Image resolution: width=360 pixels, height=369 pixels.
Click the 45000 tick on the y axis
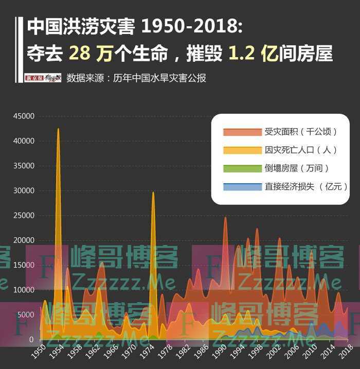point(24,116)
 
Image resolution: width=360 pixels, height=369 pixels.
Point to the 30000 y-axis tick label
point(24,191)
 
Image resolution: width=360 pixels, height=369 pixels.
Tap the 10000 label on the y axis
point(24,290)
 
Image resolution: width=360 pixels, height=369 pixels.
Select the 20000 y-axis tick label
point(24,240)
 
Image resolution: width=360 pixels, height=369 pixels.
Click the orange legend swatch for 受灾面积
point(242,132)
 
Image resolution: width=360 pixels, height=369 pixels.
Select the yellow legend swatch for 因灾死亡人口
point(242,150)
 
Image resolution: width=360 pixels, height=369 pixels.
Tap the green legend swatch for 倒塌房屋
point(242,168)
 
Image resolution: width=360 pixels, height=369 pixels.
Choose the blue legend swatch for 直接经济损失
point(242,186)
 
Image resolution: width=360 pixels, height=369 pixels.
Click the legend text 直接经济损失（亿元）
point(306,186)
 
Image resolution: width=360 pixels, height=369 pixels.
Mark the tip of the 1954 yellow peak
point(58,129)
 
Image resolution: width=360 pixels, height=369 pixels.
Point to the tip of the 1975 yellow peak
point(153,192)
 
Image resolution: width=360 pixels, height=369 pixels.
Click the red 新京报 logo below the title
point(37,78)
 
